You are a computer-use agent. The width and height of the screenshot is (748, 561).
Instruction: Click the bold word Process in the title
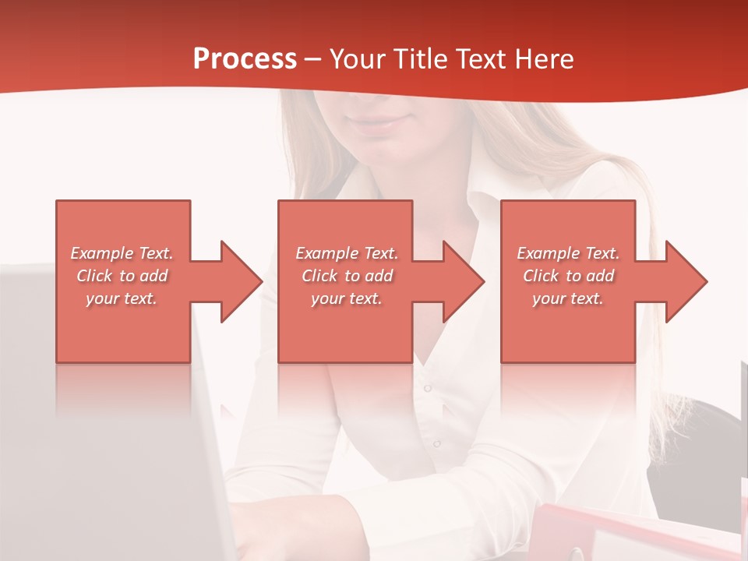coord(245,59)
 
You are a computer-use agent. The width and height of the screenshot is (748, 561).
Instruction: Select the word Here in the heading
coord(545,59)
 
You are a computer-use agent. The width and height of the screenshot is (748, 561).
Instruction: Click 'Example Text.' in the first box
coord(122,253)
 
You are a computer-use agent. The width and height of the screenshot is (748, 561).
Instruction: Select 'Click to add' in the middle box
coord(347,276)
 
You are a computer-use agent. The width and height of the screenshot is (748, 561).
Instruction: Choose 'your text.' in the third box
coord(568,298)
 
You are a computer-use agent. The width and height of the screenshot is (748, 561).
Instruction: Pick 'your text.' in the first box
coord(122,298)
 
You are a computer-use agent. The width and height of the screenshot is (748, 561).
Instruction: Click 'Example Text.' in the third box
coord(568,253)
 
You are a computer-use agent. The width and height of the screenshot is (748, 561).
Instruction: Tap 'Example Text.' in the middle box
coord(347,253)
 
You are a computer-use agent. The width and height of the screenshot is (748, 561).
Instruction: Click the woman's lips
coord(381,122)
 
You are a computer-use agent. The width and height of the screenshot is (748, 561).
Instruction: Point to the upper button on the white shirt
coord(427,387)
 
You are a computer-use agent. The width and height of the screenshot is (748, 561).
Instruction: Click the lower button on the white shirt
coord(436,443)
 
